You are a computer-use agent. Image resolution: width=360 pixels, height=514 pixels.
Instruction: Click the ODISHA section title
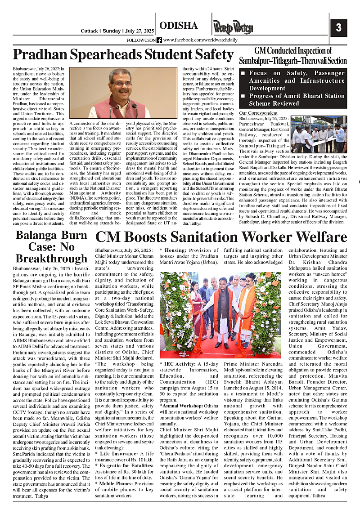point(178,26)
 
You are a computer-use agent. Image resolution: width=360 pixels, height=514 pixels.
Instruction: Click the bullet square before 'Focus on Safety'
point(243,73)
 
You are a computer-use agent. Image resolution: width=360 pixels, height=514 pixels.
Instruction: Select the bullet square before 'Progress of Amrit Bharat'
point(243,96)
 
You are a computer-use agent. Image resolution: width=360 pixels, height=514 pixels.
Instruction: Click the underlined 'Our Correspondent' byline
point(258,113)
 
